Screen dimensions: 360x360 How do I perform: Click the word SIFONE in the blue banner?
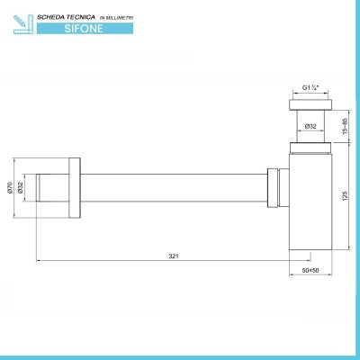coord(84,29)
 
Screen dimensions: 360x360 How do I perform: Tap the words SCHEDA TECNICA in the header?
coord(66,17)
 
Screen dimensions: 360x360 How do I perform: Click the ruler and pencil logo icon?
coord(23,24)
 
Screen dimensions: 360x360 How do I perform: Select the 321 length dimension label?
coord(174,256)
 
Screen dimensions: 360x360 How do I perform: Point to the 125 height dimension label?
coord(345,196)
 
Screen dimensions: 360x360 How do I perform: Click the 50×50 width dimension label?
coord(310,270)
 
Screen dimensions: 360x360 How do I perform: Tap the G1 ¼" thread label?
coord(310,88)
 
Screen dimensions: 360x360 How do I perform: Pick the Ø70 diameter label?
coord(9,187)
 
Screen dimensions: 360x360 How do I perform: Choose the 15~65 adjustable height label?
coord(345,126)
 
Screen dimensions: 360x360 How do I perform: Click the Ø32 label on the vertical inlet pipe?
coord(310,126)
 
